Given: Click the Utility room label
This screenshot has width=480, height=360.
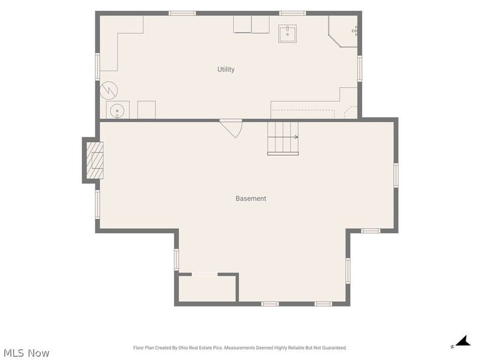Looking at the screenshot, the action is pyautogui.click(x=226, y=70).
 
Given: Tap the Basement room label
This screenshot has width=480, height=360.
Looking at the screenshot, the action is pyautogui.click(x=251, y=199).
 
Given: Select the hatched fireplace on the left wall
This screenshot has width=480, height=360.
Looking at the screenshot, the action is pyautogui.click(x=95, y=160).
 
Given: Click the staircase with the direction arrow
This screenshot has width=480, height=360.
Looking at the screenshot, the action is pyautogui.click(x=283, y=139).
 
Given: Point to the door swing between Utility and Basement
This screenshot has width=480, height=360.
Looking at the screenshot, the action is pyautogui.click(x=233, y=128).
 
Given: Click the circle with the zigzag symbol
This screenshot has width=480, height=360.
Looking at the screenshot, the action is pyautogui.click(x=109, y=91).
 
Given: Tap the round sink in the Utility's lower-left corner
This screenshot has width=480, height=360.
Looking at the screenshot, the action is pyautogui.click(x=117, y=110).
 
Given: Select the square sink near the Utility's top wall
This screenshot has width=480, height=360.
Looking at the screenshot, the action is pyautogui.click(x=287, y=34).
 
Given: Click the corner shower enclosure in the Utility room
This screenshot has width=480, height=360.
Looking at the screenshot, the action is pyautogui.click(x=343, y=32).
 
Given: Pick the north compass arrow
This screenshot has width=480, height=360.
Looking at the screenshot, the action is pyautogui.click(x=463, y=341).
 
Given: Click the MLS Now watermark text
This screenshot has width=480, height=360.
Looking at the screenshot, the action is pyautogui.click(x=26, y=353).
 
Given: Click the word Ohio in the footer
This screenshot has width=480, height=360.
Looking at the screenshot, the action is pyautogui.click(x=183, y=348).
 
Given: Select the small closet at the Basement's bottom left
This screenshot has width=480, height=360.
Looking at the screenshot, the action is pyautogui.click(x=207, y=289).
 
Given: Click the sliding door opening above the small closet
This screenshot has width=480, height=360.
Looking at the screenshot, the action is pyautogui.click(x=205, y=274).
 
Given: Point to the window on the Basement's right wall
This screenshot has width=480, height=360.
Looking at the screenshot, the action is pyautogui.click(x=396, y=175).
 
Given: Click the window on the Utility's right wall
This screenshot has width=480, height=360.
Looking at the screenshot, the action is pyautogui.click(x=359, y=68).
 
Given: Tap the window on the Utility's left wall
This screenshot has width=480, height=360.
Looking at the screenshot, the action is pyautogui.click(x=97, y=67).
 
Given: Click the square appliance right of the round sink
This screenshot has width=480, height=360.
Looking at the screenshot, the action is pyautogui.click(x=146, y=110).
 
